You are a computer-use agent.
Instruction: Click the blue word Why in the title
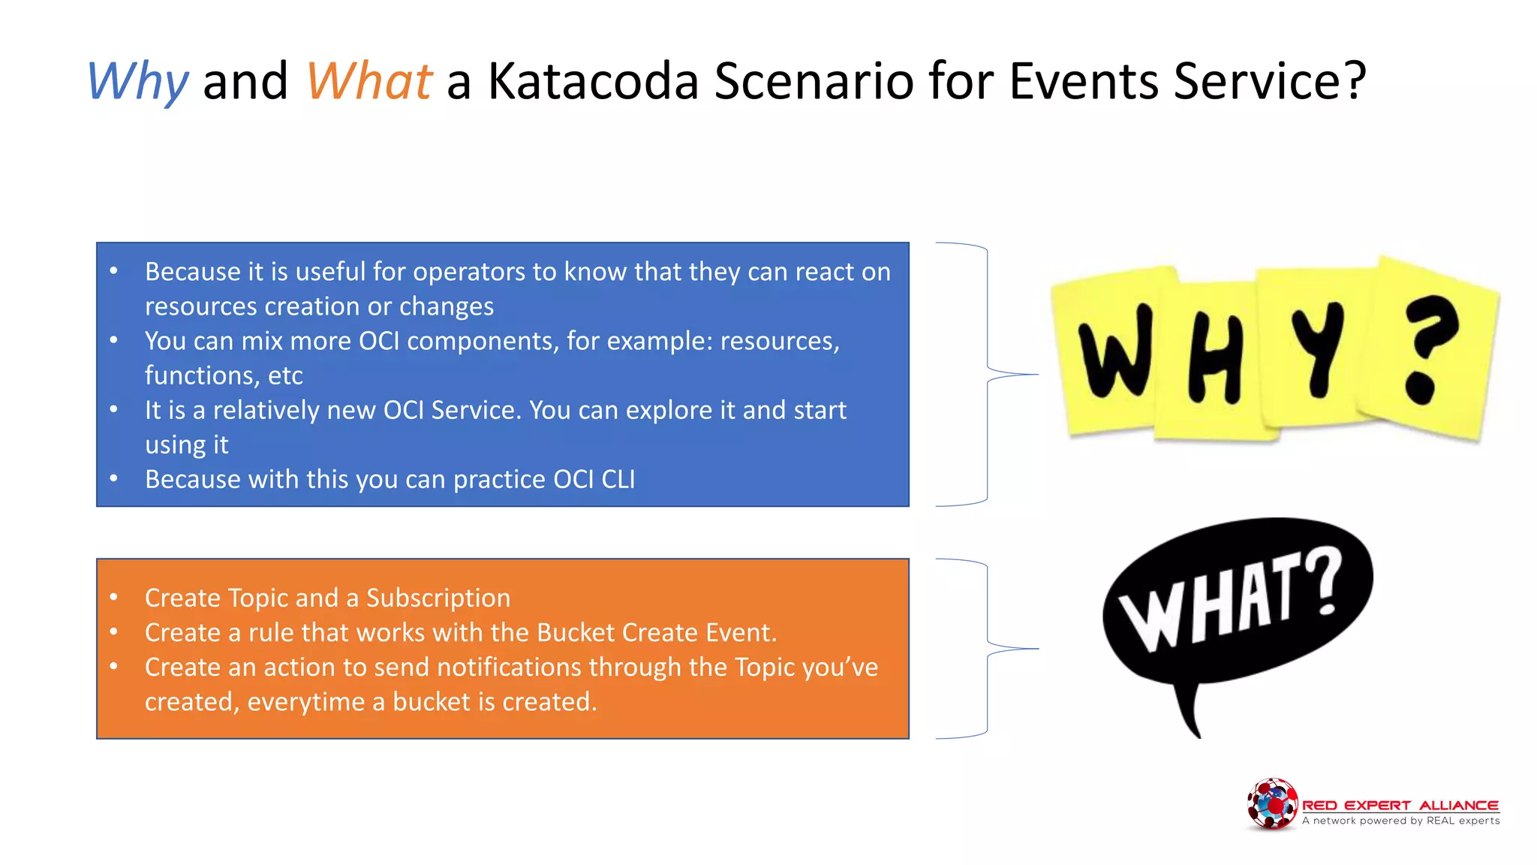point(137,81)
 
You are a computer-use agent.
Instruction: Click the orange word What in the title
point(368,81)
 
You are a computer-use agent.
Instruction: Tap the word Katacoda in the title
point(593,81)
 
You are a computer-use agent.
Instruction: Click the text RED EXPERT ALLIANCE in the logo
point(1400,805)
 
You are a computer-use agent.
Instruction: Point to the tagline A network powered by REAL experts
point(1400,821)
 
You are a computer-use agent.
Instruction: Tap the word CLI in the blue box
point(618,479)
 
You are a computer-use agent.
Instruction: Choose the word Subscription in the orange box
point(438,598)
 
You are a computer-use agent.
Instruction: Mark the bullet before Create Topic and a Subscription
point(114,598)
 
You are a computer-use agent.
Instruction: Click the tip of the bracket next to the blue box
point(1036,374)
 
